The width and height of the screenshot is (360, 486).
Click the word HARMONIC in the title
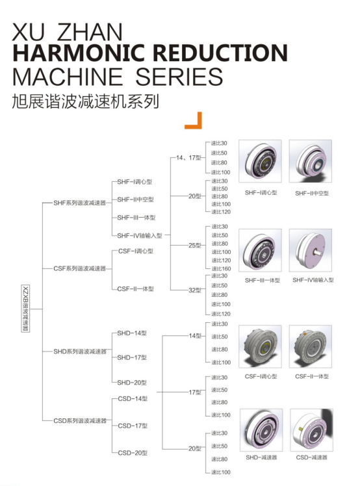(79, 53)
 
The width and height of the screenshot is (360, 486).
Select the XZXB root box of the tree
(26, 309)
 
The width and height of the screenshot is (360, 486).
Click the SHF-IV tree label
(140, 236)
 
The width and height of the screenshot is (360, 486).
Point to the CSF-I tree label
(136, 251)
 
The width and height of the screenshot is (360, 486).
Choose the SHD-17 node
(132, 358)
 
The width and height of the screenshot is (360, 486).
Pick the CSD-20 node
(133, 453)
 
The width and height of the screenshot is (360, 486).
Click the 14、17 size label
(188, 158)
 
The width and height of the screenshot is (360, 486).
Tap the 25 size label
(195, 246)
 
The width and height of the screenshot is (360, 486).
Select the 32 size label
(195, 290)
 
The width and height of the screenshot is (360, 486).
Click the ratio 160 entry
(221, 269)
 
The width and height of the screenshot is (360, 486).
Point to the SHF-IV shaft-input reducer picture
(311, 250)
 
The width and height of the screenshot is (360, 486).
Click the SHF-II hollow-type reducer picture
(311, 161)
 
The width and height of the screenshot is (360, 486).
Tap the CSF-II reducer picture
(311, 346)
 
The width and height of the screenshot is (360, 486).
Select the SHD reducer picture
(261, 430)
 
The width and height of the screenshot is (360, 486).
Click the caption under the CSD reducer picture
(311, 457)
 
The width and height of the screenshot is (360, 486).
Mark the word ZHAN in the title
(90, 32)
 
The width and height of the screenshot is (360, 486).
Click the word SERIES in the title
(179, 77)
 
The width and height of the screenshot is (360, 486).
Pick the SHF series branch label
(80, 203)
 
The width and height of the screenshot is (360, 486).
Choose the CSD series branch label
(80, 420)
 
